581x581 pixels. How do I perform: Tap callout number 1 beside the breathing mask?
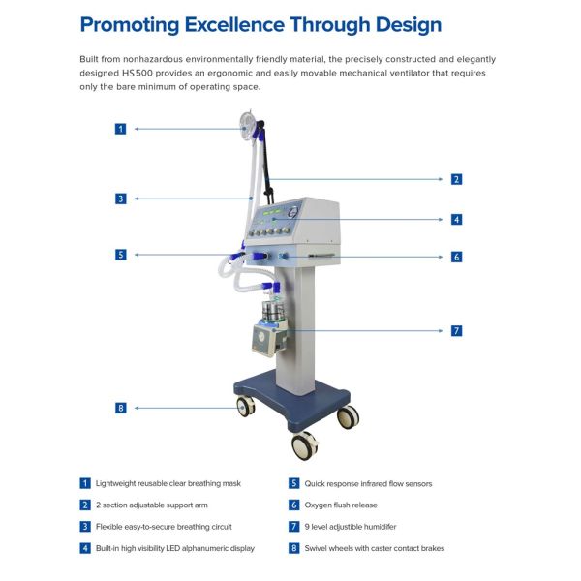pos(120,128)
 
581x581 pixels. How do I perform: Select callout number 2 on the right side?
pos(456,179)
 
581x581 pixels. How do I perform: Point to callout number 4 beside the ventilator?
pos(456,219)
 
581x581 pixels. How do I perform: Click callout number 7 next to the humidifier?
pos(456,330)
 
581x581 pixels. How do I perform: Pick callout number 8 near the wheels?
pos(120,408)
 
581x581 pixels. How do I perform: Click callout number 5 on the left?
pos(120,255)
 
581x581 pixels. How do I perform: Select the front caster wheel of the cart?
pos(304,446)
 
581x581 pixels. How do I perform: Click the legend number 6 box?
pos(294,505)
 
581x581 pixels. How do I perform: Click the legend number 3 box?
pos(86,527)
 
